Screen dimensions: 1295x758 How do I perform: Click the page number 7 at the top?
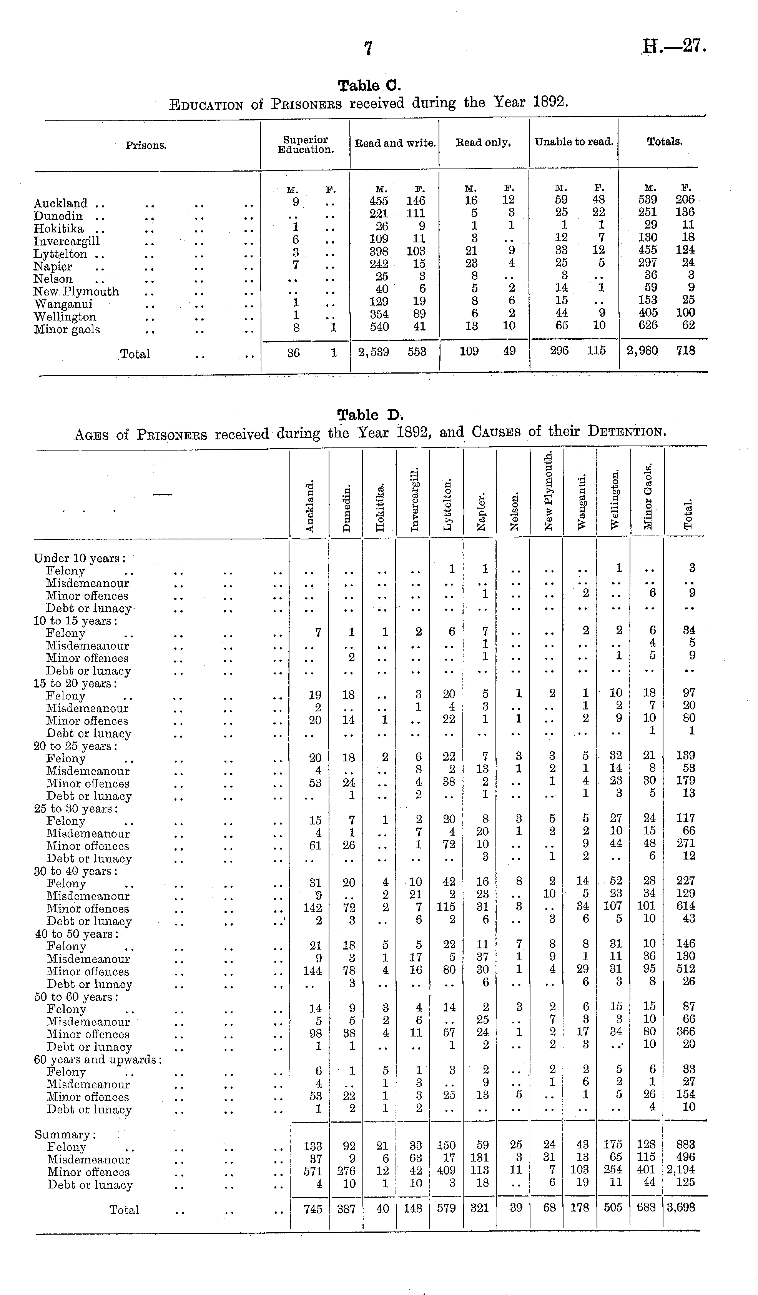pos(368,48)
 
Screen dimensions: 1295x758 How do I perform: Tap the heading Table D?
pos(370,415)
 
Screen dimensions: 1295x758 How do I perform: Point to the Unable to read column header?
pos(573,142)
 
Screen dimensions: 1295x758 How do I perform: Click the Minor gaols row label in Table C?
pos(67,329)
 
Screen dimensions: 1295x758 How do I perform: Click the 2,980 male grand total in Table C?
pos(642,350)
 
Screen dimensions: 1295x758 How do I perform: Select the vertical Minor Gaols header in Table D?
pos(648,496)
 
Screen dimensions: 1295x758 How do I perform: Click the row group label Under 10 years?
pos(80,559)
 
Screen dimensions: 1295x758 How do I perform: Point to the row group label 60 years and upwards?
pos(98,1060)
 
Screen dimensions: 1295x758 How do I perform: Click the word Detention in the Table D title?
pos(627,432)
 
